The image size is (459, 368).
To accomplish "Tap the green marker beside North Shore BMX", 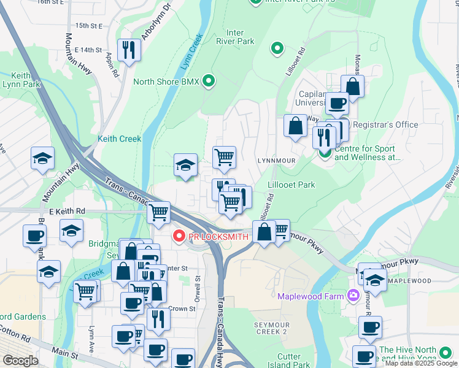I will point(209,81).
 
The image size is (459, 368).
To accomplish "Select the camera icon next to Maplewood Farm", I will point(353,296).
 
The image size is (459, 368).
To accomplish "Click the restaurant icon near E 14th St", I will point(129,50).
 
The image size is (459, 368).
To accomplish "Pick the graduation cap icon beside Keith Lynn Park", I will point(42,158).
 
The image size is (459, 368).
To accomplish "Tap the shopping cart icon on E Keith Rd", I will point(159,212).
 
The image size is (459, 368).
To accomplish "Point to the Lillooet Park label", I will point(291,185).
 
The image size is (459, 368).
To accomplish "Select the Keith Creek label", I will point(120,139).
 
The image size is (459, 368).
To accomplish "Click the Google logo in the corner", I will point(20,361).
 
